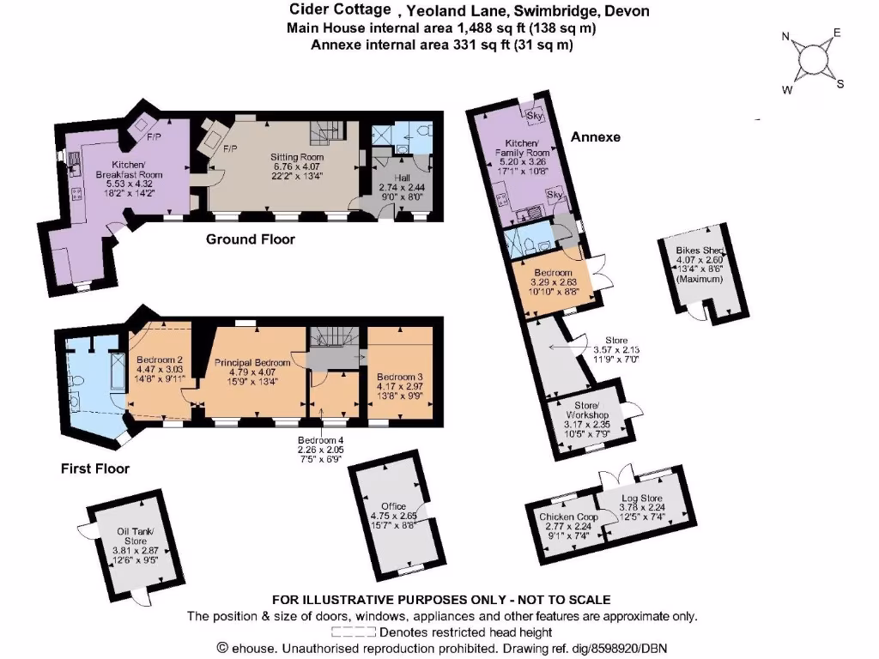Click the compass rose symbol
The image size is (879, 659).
811,59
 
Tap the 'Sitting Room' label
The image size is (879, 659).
297,158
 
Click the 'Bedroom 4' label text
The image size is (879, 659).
320,440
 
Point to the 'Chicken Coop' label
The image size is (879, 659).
568,517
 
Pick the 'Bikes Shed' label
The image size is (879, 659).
701,251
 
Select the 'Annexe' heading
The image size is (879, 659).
594,136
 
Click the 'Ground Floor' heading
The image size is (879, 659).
250,239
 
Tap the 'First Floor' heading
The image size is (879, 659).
94,469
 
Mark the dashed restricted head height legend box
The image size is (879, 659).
353,632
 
